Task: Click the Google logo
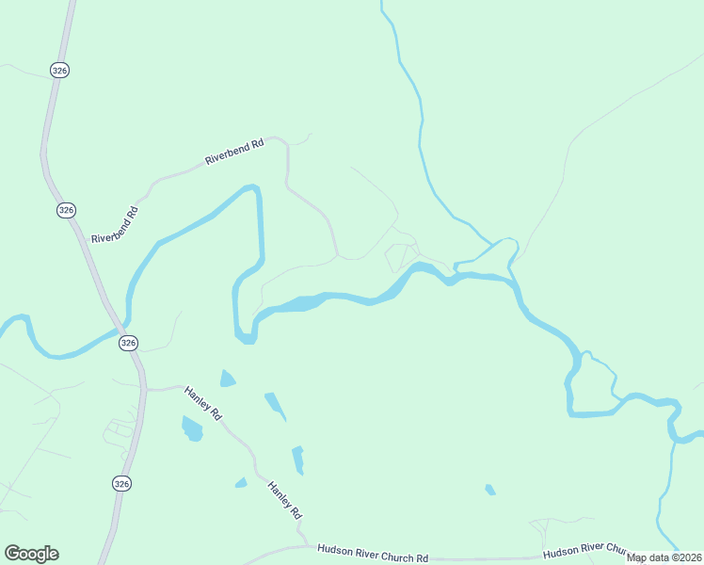(x=31, y=554)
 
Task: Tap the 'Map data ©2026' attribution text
(x=664, y=557)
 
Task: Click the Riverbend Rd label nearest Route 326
(x=115, y=225)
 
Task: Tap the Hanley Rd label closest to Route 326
(x=203, y=402)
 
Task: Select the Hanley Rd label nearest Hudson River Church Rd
(x=284, y=501)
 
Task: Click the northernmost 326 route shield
(x=59, y=70)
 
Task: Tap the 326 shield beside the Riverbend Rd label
(x=65, y=209)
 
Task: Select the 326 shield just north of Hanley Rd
(x=128, y=343)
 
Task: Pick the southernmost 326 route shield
(x=121, y=483)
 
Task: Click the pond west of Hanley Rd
(x=192, y=429)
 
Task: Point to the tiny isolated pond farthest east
(x=489, y=489)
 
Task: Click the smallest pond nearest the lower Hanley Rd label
(x=241, y=483)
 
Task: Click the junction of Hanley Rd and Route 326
(x=145, y=388)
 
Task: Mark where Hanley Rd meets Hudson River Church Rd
(x=303, y=544)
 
